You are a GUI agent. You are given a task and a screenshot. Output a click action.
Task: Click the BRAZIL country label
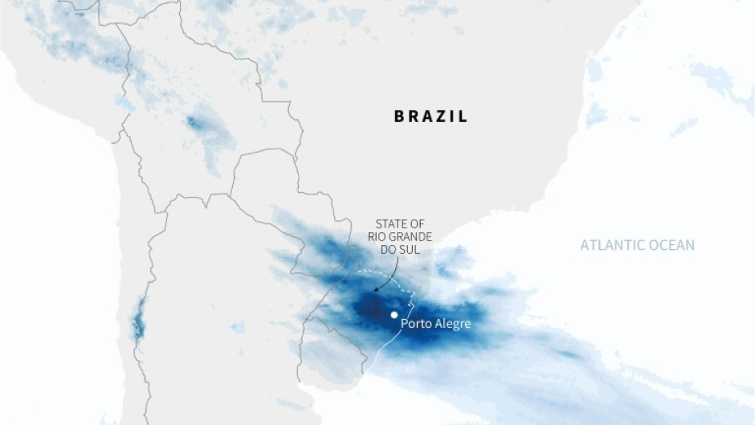[x=431, y=116]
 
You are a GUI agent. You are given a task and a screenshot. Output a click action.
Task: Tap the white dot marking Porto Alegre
[x=394, y=315]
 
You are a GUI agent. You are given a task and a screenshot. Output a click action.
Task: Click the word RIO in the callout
[x=378, y=236]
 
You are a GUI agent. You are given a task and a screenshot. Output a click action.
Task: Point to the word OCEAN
[x=674, y=245]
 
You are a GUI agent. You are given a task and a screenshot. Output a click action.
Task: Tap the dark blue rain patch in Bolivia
[x=193, y=123]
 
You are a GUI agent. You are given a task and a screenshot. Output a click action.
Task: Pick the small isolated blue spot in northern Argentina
[x=238, y=327]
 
